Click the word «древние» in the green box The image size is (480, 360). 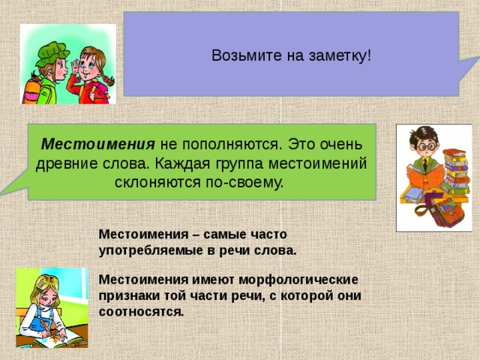point(65,163)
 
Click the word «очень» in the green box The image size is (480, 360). point(346,144)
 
